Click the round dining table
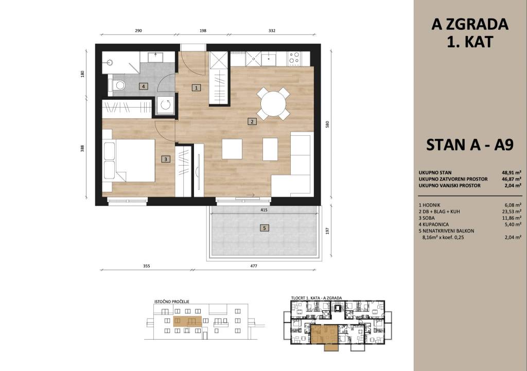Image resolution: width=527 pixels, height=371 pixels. pyautogui.click(x=273, y=103)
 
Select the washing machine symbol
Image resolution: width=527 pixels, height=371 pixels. pyautogui.click(x=165, y=105)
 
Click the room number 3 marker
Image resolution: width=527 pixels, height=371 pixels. pyautogui.click(x=166, y=160)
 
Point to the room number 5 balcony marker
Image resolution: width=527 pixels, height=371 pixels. pyautogui.click(x=265, y=228)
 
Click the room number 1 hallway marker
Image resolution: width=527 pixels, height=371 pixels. pyautogui.click(x=196, y=88)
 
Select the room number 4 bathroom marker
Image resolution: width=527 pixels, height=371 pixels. pyautogui.click(x=144, y=86)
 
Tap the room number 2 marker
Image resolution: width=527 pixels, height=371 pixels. pyautogui.click(x=252, y=121)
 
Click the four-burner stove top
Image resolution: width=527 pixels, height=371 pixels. pyautogui.click(x=294, y=58)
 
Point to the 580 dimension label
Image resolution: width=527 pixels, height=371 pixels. pyautogui.click(x=327, y=125)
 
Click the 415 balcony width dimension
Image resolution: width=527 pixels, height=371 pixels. pyautogui.click(x=264, y=210)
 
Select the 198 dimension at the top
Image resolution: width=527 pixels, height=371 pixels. pyautogui.click(x=203, y=30)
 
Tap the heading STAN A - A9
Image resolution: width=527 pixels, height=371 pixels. pyautogui.click(x=470, y=145)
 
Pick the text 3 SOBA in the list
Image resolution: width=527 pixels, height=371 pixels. pyautogui.click(x=427, y=218)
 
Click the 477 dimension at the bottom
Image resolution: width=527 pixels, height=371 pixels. pyautogui.click(x=254, y=266)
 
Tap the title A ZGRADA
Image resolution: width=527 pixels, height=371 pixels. pyautogui.click(x=470, y=25)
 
